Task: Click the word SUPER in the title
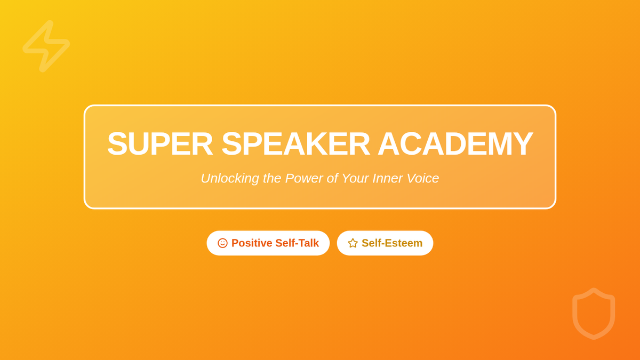(160, 143)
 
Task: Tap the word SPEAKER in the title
(295, 143)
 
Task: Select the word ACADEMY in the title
(455, 143)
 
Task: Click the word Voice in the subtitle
(423, 178)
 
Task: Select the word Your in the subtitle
(355, 178)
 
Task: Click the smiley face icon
(222, 243)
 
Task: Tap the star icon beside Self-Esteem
(353, 243)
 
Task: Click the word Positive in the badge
(252, 243)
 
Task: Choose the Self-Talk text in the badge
(297, 243)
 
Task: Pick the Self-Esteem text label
(392, 243)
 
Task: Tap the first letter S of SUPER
(117, 143)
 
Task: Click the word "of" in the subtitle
(333, 178)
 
